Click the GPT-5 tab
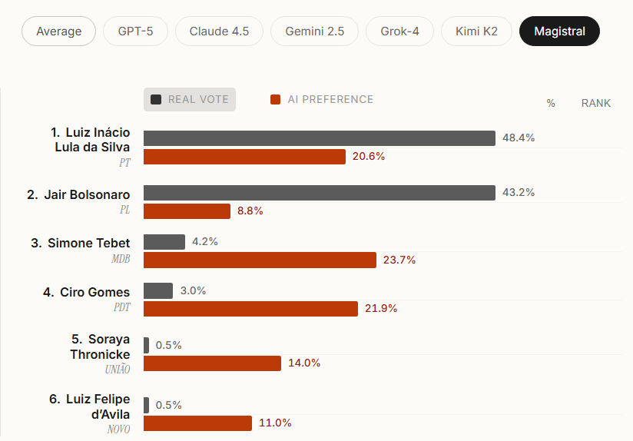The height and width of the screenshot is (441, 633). click(136, 31)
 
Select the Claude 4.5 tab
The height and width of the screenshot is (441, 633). click(219, 31)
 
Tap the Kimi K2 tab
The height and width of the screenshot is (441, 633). click(476, 31)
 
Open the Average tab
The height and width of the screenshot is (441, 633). click(59, 31)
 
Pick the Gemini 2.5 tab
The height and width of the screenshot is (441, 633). click(314, 31)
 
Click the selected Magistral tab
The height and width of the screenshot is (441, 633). click(559, 31)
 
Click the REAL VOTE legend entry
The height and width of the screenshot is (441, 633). click(190, 99)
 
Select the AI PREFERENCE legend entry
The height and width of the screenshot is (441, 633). click(322, 99)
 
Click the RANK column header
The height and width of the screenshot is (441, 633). click(595, 103)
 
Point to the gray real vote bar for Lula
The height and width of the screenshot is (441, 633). click(319, 138)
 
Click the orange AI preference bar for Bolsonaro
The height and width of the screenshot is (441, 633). click(187, 211)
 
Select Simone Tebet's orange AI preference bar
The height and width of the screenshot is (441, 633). click(260, 260)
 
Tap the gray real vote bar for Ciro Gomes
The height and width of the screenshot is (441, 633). click(158, 290)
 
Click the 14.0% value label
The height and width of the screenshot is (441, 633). click(304, 363)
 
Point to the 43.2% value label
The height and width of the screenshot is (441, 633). click(519, 192)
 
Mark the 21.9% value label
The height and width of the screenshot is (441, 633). click(381, 308)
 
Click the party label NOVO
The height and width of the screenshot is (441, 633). click(118, 429)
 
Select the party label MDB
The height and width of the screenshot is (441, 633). click(121, 259)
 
